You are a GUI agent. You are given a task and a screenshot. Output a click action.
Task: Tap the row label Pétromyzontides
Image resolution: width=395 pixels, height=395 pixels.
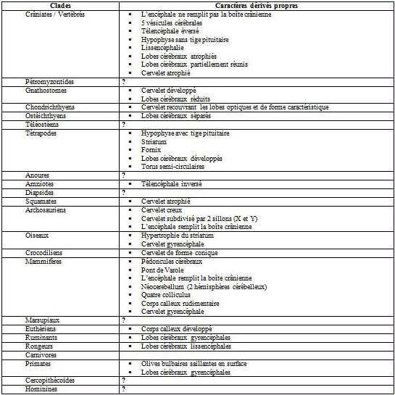point(49,81)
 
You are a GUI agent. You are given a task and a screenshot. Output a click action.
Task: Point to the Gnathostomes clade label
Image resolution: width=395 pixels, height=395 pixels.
point(46,90)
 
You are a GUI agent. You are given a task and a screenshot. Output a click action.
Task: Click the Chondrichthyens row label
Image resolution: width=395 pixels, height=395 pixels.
point(50,107)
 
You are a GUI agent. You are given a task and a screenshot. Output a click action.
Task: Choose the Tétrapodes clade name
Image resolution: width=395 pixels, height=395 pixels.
point(41,133)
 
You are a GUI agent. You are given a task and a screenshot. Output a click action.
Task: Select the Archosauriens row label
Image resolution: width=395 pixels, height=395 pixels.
point(47,209)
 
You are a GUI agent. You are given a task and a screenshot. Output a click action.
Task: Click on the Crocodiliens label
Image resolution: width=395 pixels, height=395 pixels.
point(45,252)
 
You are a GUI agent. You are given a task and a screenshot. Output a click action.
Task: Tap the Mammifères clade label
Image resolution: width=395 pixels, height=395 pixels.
point(43,261)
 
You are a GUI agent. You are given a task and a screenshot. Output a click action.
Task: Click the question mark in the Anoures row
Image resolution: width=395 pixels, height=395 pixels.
point(124,175)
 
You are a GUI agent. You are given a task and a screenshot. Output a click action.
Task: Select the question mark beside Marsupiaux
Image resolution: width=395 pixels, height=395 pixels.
point(124,320)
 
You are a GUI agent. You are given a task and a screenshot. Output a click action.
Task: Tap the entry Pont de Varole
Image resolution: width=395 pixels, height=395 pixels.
point(165,270)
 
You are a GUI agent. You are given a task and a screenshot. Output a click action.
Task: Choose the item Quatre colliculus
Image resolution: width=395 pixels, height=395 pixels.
point(168,295)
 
